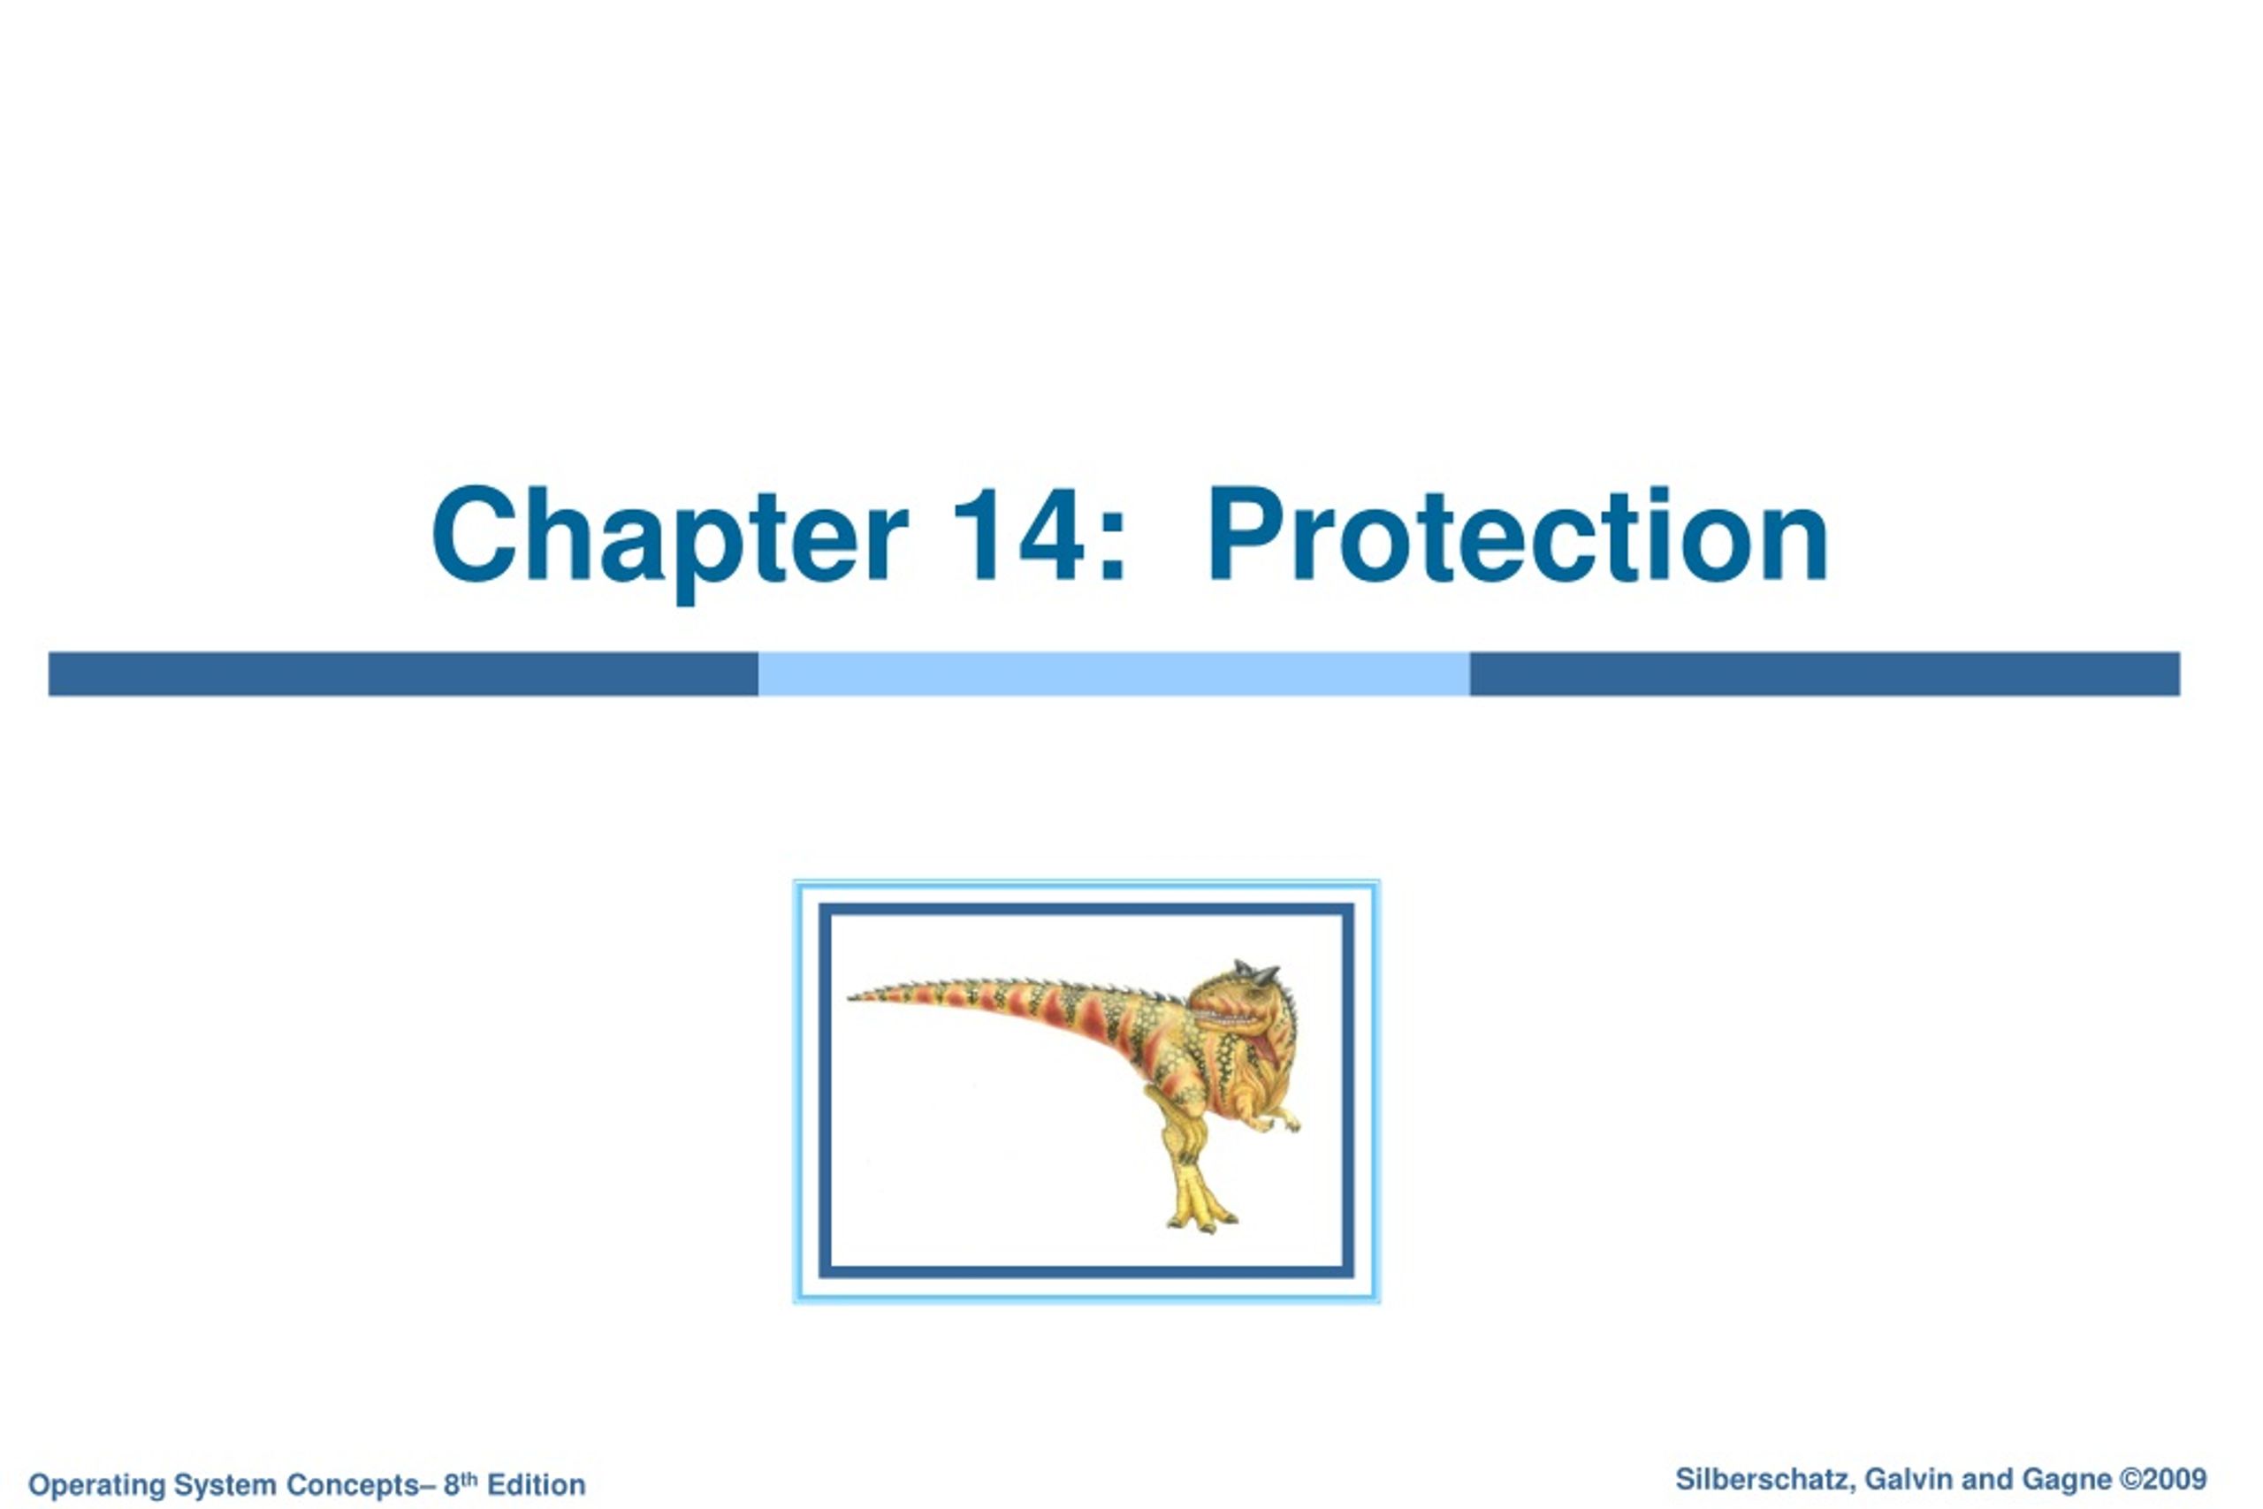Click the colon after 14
1112,550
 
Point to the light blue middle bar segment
1113,674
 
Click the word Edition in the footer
536,1485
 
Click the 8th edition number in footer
460,1484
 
